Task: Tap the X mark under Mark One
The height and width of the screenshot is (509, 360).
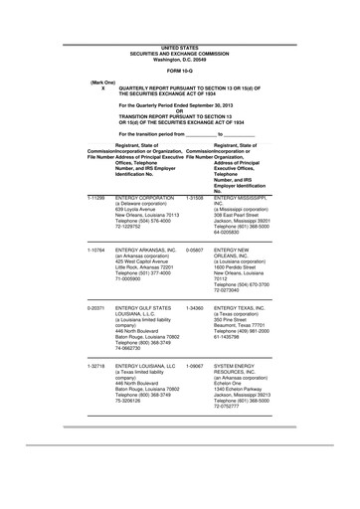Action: click(x=102, y=88)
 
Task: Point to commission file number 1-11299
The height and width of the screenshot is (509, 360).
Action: click(x=97, y=199)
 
